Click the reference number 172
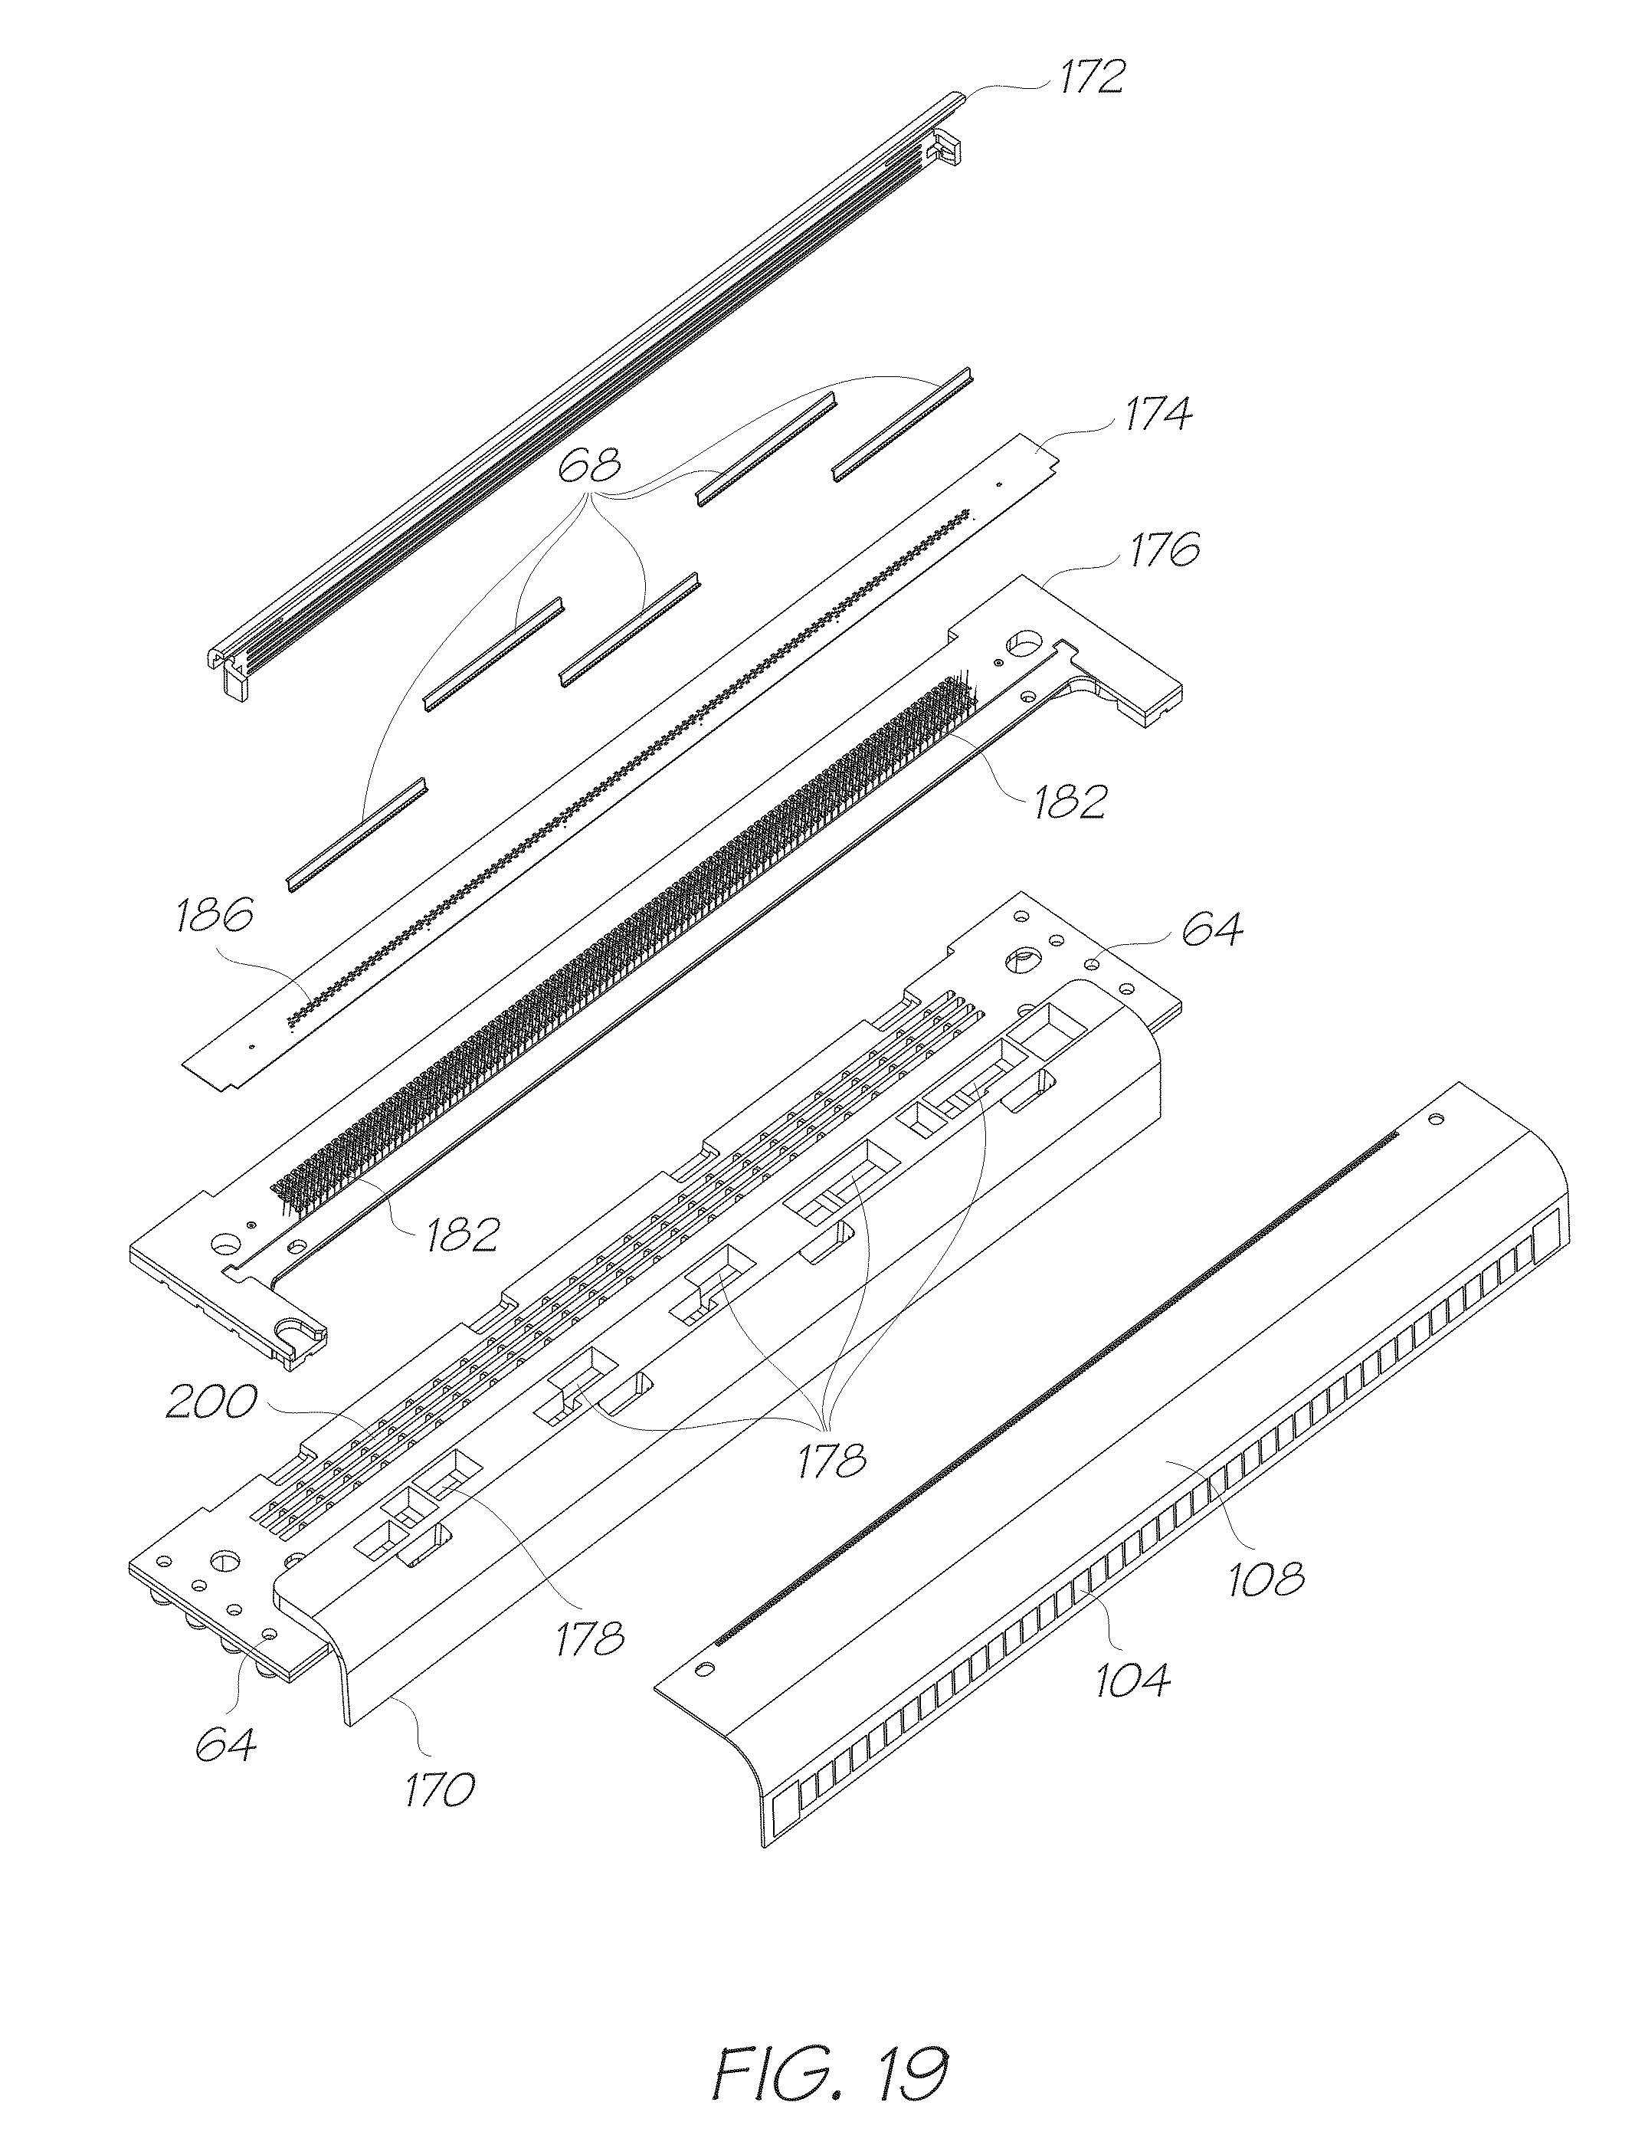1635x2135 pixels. click(x=1091, y=76)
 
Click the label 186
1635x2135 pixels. click(x=214, y=916)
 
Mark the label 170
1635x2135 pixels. click(x=441, y=1789)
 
